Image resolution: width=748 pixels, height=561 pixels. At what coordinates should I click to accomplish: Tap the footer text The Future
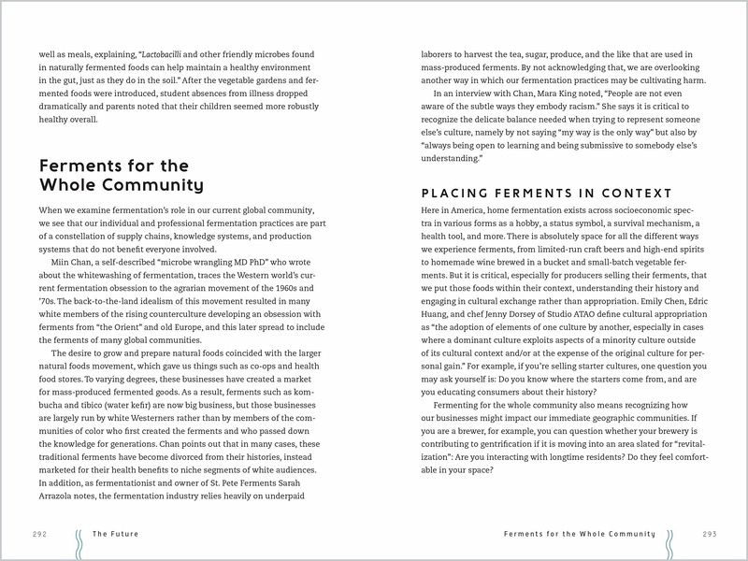[x=115, y=534]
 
